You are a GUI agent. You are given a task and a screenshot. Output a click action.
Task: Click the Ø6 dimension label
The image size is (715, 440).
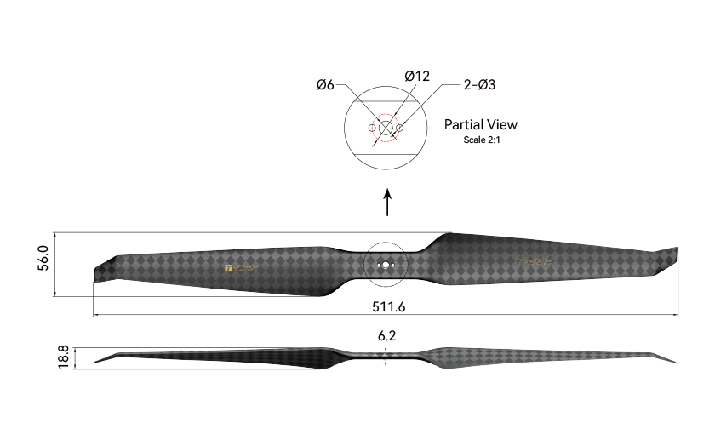pos(325,84)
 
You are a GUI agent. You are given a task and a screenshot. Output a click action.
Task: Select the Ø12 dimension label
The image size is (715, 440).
pos(417,76)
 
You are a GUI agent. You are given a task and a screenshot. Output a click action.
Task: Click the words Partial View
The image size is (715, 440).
pos(480,124)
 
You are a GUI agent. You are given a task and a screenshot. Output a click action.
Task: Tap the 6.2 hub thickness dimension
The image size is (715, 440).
pos(386,336)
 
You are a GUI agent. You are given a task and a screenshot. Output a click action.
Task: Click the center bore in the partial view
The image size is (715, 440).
pos(386,128)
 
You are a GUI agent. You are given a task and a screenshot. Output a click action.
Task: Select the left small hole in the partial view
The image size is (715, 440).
pos(372,128)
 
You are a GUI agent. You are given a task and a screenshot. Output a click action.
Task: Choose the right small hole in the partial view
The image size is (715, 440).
pos(401,128)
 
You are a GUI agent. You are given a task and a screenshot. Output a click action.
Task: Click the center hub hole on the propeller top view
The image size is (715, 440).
pos(386,265)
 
